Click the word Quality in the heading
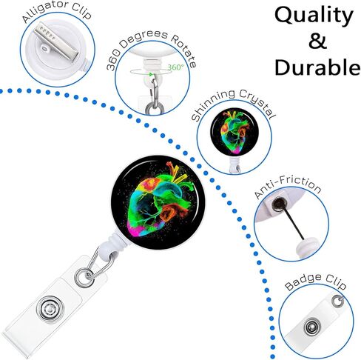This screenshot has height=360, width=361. pyautogui.click(x=314, y=16)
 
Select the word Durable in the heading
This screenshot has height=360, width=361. pyautogui.click(x=317, y=67)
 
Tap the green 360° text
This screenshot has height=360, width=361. pyautogui.click(x=176, y=67)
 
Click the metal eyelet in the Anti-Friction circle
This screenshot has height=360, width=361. pyautogui.click(x=278, y=204)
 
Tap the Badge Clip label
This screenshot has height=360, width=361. pyautogui.click(x=316, y=281)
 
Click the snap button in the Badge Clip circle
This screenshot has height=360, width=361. pyautogui.click(x=312, y=327)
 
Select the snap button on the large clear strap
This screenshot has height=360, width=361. pyautogui.click(x=50, y=309)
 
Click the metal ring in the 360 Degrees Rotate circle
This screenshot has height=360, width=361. pyautogui.click(x=155, y=109)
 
